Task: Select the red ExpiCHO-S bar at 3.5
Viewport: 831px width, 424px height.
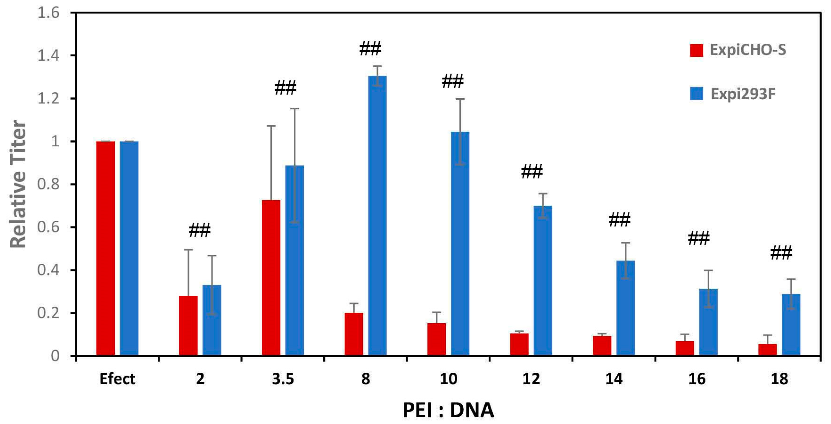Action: pyautogui.click(x=271, y=278)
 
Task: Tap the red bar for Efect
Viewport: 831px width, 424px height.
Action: pyautogui.click(x=106, y=249)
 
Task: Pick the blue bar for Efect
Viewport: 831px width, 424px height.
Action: pyautogui.click(x=129, y=249)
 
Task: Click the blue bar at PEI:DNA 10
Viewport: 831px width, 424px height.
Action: pyautogui.click(x=460, y=244)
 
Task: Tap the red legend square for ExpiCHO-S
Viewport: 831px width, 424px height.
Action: pyautogui.click(x=696, y=50)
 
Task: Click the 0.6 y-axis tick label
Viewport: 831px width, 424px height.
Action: pyautogui.click(x=48, y=227)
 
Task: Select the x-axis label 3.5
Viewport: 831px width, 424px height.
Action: pyautogui.click(x=283, y=379)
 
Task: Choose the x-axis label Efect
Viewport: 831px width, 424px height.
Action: pyautogui.click(x=117, y=379)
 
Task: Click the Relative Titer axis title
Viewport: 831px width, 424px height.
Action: pyautogui.click(x=18, y=184)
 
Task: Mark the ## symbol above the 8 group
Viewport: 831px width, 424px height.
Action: pyautogui.click(x=370, y=49)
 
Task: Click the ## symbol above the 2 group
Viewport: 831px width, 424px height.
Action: pyautogui.click(x=199, y=230)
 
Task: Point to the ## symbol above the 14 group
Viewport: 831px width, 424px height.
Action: pyautogui.click(x=619, y=220)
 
